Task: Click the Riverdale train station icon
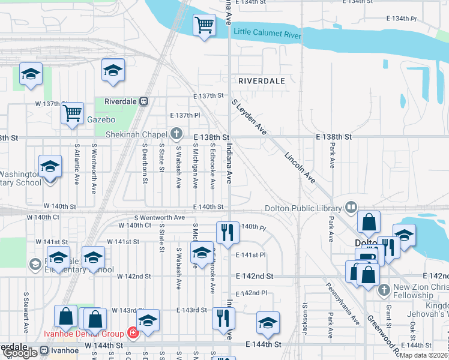pyautogui.click(x=143, y=101)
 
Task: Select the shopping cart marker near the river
pyautogui.click(x=204, y=26)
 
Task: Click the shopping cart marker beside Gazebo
pyautogui.click(x=72, y=112)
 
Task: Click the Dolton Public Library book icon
pyautogui.click(x=351, y=208)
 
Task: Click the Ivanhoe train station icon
pyautogui.click(x=44, y=350)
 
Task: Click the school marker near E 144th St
pyautogui.click(x=268, y=323)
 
